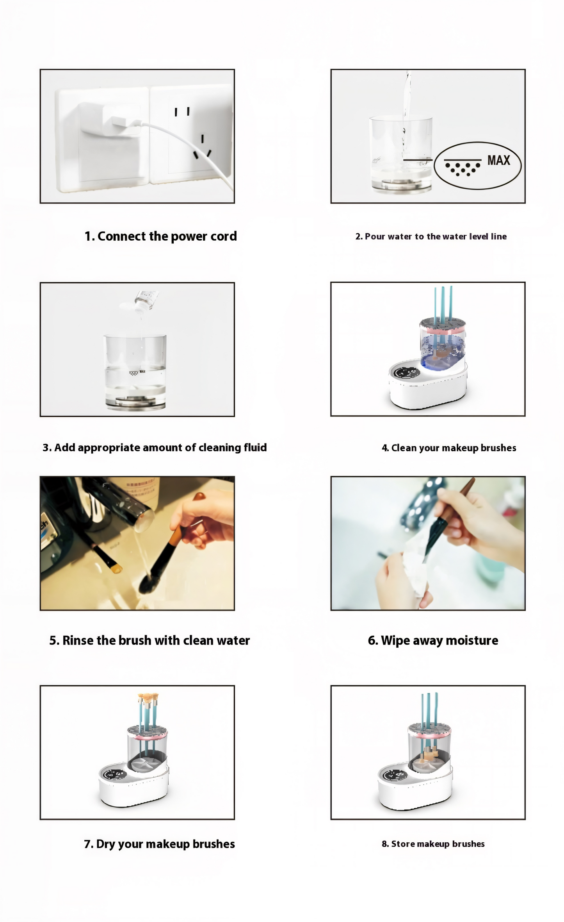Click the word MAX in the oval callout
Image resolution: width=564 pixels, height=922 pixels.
498,160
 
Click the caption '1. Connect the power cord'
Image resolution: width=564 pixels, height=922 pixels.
160,236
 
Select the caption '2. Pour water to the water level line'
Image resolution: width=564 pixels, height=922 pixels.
431,236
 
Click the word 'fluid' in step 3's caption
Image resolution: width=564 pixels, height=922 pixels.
255,447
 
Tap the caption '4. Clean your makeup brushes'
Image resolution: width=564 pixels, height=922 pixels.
449,448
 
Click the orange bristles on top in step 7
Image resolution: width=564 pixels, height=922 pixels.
148,697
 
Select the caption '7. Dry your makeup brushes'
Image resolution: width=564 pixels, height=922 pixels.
159,844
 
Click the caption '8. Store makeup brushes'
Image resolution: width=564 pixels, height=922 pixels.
433,844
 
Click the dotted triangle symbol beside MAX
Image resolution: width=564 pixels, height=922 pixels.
463,168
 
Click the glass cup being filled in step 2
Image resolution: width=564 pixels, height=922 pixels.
401,154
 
